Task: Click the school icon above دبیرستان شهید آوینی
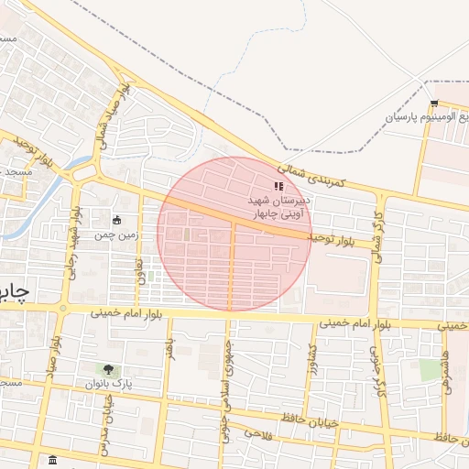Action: [x=279, y=186]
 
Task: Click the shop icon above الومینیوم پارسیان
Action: [x=433, y=103]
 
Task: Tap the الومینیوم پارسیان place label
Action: [x=425, y=117]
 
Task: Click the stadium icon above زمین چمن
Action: [x=117, y=220]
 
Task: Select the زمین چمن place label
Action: [x=117, y=234]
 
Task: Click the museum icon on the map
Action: [x=52, y=460]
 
